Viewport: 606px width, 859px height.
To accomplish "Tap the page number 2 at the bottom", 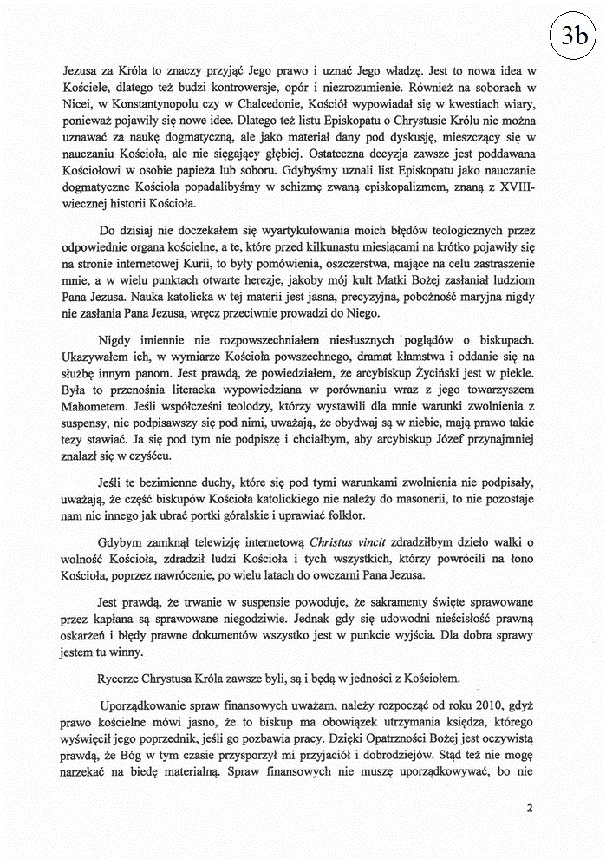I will pyautogui.click(x=530, y=808).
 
